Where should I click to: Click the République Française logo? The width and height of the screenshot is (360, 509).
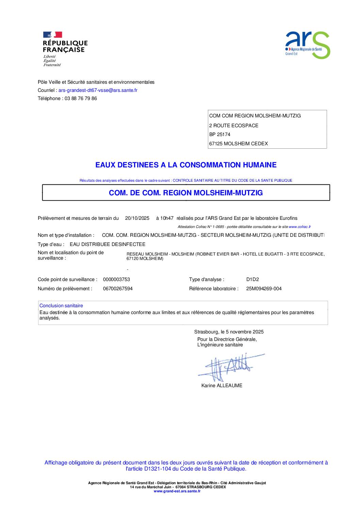click(x=65, y=49)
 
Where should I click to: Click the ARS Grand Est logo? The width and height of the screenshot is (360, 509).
click(x=307, y=45)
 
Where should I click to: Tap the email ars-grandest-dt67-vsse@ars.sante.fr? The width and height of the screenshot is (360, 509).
click(x=98, y=91)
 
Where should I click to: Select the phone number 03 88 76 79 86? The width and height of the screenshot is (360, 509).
click(x=81, y=99)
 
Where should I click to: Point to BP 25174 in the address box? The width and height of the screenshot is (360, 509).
click(x=220, y=135)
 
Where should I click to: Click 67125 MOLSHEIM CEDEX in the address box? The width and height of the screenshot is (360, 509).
click(x=239, y=144)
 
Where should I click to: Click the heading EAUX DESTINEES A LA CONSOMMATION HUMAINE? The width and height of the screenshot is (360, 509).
click(x=186, y=165)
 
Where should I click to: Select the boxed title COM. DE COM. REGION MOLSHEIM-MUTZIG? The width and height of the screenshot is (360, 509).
click(x=186, y=193)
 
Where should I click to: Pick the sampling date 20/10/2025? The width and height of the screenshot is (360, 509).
click(x=137, y=218)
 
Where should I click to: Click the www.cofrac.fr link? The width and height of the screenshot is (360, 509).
click(x=299, y=227)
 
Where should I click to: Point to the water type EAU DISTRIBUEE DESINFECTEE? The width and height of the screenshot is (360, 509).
click(x=108, y=245)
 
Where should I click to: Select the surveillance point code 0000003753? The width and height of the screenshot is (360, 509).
click(x=116, y=280)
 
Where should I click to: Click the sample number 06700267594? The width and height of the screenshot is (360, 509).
click(x=118, y=289)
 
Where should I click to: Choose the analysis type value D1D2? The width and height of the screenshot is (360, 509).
click(x=252, y=280)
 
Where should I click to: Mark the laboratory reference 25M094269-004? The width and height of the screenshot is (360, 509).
click(x=264, y=289)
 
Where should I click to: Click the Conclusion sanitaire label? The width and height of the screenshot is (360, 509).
click(x=61, y=306)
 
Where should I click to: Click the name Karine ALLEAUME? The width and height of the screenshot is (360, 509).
click(x=222, y=386)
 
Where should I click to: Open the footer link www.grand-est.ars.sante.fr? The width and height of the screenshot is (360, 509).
click(x=177, y=491)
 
